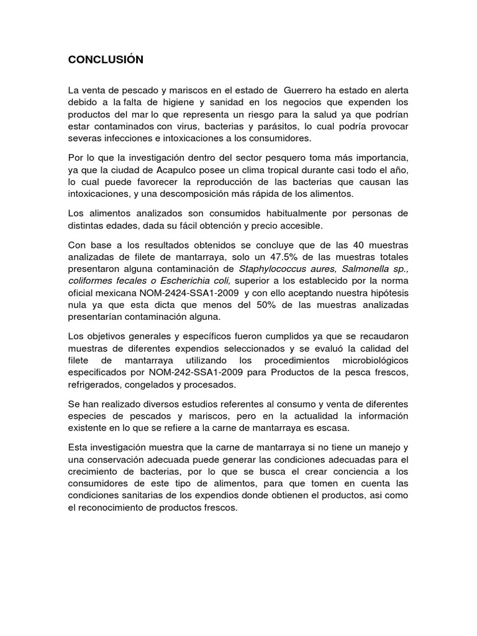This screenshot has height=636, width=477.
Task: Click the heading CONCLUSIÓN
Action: [x=106, y=60]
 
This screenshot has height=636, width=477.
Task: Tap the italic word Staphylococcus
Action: [x=271, y=268]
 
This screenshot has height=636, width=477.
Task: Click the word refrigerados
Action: [x=94, y=385]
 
